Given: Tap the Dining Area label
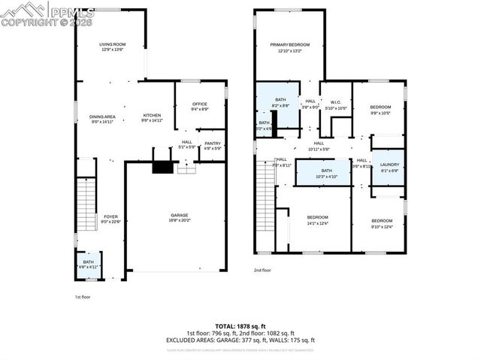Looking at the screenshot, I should click(102, 118).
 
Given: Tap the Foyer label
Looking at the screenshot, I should click(110, 219).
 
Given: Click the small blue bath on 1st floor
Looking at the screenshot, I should click(89, 264).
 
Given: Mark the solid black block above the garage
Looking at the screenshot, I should click(162, 168).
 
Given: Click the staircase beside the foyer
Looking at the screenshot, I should click(86, 195).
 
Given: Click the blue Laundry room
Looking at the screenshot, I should click(389, 167).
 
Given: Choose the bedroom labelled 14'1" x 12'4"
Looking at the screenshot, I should click(317, 219).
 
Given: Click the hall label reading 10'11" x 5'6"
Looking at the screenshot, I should click(319, 146).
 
